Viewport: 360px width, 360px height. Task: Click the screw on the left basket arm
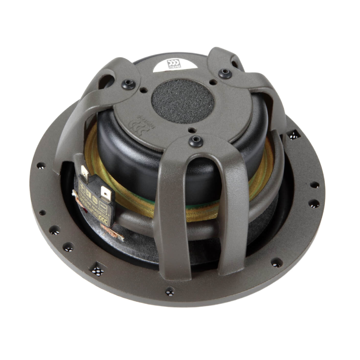click(x=128, y=84)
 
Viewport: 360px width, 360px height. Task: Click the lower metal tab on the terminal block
click(x=105, y=194)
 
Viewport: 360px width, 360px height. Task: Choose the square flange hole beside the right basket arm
click(x=293, y=134)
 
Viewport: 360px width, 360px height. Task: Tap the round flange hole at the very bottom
click(x=170, y=292)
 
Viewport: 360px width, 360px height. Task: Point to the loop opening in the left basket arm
click(x=106, y=81)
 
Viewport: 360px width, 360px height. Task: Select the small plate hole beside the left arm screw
click(x=143, y=90)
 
